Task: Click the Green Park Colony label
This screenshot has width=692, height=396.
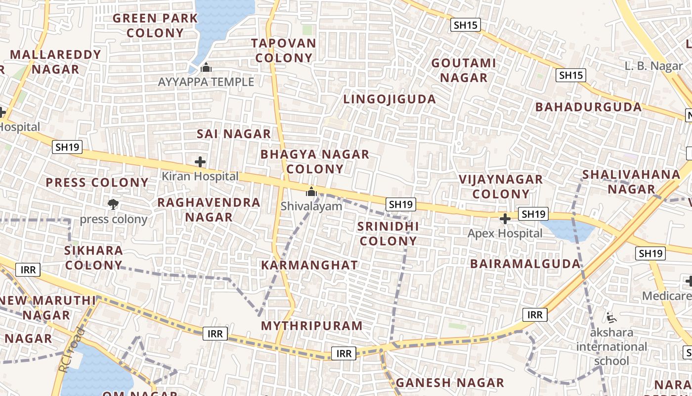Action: (155, 26)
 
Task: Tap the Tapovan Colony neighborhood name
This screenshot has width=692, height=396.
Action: (284, 50)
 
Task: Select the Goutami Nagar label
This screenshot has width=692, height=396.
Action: (463, 70)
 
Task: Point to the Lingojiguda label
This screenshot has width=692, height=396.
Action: (389, 99)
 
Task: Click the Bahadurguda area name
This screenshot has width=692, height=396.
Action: (588, 107)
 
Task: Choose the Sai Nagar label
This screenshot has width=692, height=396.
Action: (234, 134)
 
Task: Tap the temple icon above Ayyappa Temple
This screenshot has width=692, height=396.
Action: (206, 67)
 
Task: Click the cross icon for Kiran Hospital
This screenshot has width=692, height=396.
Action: (200, 162)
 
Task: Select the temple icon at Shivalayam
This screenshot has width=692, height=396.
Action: (311, 191)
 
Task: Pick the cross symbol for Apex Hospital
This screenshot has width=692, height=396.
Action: (505, 218)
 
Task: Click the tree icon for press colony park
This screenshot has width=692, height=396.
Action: (113, 204)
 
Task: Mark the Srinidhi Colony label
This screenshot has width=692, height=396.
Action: (388, 234)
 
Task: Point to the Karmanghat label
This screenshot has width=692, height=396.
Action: (309, 265)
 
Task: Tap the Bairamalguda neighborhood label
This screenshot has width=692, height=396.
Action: (525, 263)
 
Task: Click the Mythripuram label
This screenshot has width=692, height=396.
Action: (311, 326)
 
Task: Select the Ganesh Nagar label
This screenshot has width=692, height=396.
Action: (449, 383)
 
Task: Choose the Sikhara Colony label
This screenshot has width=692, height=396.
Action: (93, 257)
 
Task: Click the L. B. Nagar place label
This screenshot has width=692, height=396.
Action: (653, 66)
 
